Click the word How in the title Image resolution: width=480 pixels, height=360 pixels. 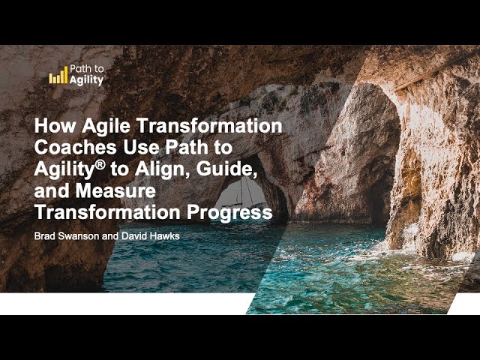pos(55,125)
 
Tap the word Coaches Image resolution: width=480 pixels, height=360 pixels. pos(76,147)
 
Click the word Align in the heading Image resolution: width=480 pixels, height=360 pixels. pos(162,170)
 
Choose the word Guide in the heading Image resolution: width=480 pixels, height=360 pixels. pos(226,169)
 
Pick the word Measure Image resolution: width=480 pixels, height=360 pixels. pos(115,190)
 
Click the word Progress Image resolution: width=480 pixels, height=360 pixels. pos(229,213)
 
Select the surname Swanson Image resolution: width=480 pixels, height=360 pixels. pos(78,236)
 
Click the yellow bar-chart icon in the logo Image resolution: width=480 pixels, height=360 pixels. pos(58,75)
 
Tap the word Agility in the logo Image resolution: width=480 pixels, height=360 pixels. pos(86,80)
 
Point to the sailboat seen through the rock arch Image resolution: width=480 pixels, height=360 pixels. pos(241,193)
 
